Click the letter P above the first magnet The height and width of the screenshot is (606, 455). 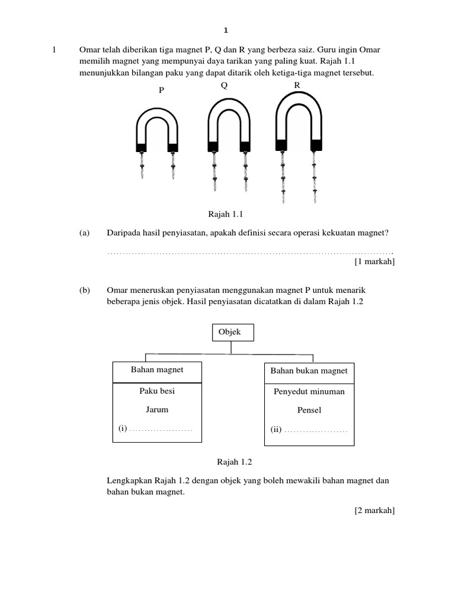point(161,91)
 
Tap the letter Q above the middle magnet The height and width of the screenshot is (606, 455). point(224,85)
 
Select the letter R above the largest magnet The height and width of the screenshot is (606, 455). point(297,85)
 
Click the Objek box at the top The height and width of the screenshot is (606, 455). point(233,333)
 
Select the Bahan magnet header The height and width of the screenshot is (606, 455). point(157,370)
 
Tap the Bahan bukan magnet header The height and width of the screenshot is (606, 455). point(309,371)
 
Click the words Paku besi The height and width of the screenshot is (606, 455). point(157,391)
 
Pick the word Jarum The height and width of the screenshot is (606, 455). point(157,409)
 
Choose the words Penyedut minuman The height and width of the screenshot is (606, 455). point(309,391)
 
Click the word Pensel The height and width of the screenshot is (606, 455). point(309,410)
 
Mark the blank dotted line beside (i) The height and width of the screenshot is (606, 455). point(161,429)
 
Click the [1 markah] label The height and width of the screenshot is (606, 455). point(374,262)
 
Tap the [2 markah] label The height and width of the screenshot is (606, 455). point(374,510)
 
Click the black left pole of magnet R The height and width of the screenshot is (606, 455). point(281,144)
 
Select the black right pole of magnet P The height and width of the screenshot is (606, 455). point(173,147)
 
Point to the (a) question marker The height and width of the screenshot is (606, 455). point(84,234)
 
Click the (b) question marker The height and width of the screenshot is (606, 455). point(84,291)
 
